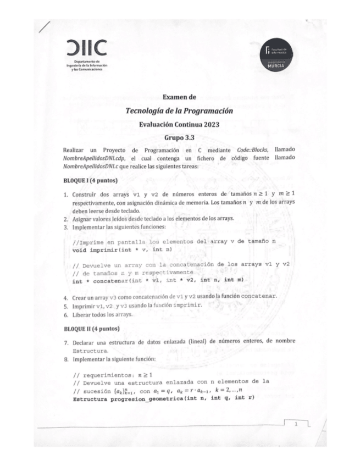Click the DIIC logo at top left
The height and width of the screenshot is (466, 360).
(x=85, y=47)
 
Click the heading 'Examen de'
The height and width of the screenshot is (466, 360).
(x=179, y=97)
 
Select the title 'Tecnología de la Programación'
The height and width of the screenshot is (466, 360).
(x=179, y=110)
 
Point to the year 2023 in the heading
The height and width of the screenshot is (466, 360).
(x=210, y=124)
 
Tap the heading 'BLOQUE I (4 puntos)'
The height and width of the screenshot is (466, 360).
(x=91, y=180)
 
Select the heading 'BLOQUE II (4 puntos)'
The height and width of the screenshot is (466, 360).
(x=92, y=329)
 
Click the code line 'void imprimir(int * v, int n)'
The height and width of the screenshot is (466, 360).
(x=123, y=250)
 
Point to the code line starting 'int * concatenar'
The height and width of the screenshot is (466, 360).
(x=158, y=280)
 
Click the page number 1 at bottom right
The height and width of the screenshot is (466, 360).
(x=296, y=424)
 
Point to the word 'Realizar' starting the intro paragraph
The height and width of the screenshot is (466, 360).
(x=76, y=149)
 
